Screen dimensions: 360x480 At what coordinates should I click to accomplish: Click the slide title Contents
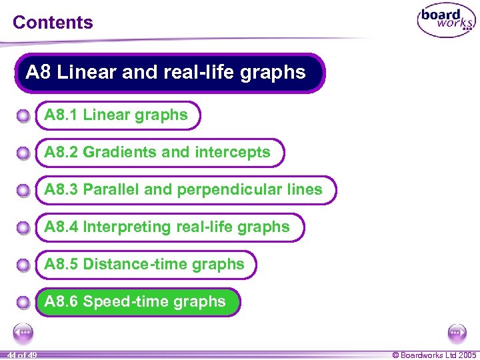tap(53, 22)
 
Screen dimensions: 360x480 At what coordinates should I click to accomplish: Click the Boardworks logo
tap(446, 21)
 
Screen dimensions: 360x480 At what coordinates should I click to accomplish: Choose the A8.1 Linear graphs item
tap(117, 115)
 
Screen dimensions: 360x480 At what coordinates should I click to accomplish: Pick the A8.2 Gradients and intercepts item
tap(158, 153)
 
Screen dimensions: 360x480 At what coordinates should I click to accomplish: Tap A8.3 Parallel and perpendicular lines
tap(184, 190)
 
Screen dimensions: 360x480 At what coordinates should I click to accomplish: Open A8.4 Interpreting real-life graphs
tap(167, 227)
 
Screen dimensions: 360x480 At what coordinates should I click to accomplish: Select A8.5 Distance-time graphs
tap(145, 265)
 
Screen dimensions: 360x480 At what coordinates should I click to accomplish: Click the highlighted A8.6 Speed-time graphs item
tap(135, 302)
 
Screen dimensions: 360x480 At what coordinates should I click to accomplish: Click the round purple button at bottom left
tap(23, 331)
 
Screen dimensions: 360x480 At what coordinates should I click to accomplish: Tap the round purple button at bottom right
tap(457, 331)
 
